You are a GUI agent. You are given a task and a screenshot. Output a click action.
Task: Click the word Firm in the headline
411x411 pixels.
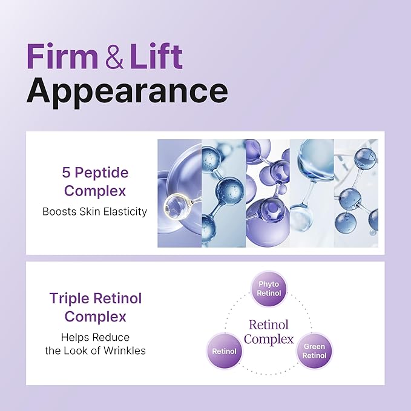62,56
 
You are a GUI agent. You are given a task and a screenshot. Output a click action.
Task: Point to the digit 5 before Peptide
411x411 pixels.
66,173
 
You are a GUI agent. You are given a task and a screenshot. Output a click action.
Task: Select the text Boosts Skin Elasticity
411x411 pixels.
94,211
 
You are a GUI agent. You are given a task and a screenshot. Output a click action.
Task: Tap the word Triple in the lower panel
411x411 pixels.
70,299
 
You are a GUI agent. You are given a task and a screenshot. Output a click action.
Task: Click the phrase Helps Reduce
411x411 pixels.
96,337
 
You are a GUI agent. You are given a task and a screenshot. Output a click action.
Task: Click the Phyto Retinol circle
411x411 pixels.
269,289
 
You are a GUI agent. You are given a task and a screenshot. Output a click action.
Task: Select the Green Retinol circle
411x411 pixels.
314,351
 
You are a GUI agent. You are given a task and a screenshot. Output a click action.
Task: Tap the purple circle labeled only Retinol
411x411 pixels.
225,351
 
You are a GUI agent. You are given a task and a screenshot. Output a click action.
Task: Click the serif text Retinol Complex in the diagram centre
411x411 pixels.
269,332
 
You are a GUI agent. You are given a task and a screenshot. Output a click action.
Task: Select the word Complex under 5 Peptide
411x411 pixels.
95,191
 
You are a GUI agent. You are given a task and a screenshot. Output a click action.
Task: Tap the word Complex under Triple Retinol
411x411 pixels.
96,317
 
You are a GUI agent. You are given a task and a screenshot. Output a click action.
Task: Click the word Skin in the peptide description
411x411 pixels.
90,211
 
